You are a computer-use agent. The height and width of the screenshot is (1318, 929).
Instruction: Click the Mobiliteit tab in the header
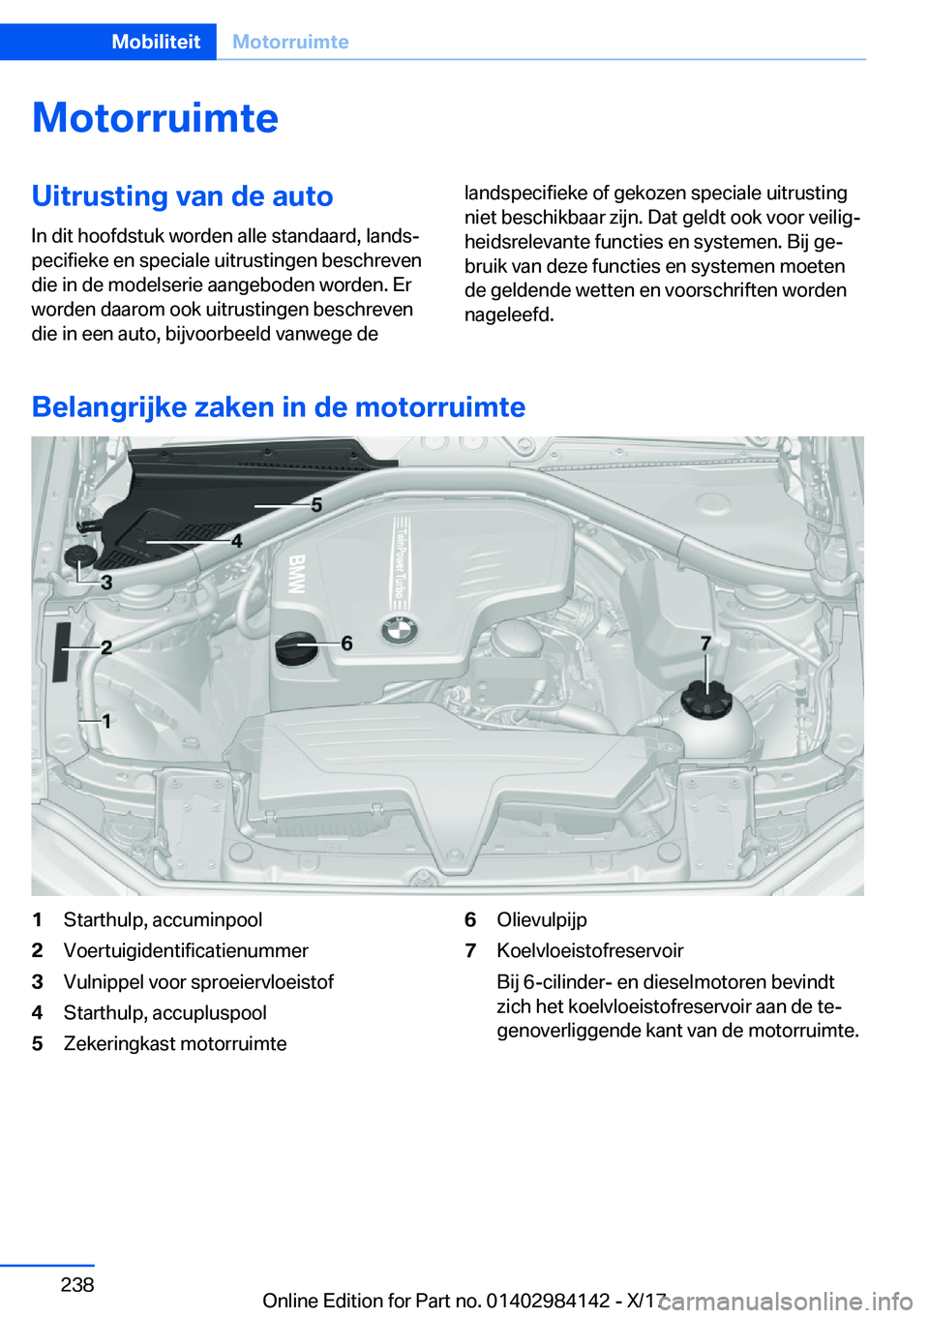156,42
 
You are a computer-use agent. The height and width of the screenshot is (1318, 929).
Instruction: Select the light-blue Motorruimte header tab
290,42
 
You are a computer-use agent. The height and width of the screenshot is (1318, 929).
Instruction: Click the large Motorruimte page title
155,118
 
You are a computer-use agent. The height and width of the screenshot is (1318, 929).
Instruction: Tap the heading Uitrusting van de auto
182,196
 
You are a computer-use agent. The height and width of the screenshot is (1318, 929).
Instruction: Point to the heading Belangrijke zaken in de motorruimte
278,406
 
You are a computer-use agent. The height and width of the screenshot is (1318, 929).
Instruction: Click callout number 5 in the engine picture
316,504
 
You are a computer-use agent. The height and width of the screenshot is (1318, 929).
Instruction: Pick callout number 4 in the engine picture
237,540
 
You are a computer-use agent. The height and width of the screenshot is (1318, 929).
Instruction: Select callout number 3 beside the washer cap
106,583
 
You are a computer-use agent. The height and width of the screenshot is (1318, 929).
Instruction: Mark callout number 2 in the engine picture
106,646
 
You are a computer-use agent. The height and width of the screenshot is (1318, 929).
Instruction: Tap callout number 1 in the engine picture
106,721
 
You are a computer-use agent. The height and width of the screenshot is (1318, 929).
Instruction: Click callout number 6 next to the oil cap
346,643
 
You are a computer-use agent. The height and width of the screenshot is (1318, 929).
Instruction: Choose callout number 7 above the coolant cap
705,643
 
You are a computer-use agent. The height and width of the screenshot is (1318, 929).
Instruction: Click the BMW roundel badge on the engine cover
399,630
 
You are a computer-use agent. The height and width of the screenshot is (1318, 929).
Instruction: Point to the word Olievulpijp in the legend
542,920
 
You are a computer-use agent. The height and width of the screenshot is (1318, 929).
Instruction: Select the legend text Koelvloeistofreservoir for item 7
589,951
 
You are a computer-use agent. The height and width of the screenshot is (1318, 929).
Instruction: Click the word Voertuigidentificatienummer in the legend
186,951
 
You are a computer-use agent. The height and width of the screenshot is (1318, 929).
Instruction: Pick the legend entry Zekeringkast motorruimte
175,1044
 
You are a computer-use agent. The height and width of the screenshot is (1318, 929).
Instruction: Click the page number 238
77,1285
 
